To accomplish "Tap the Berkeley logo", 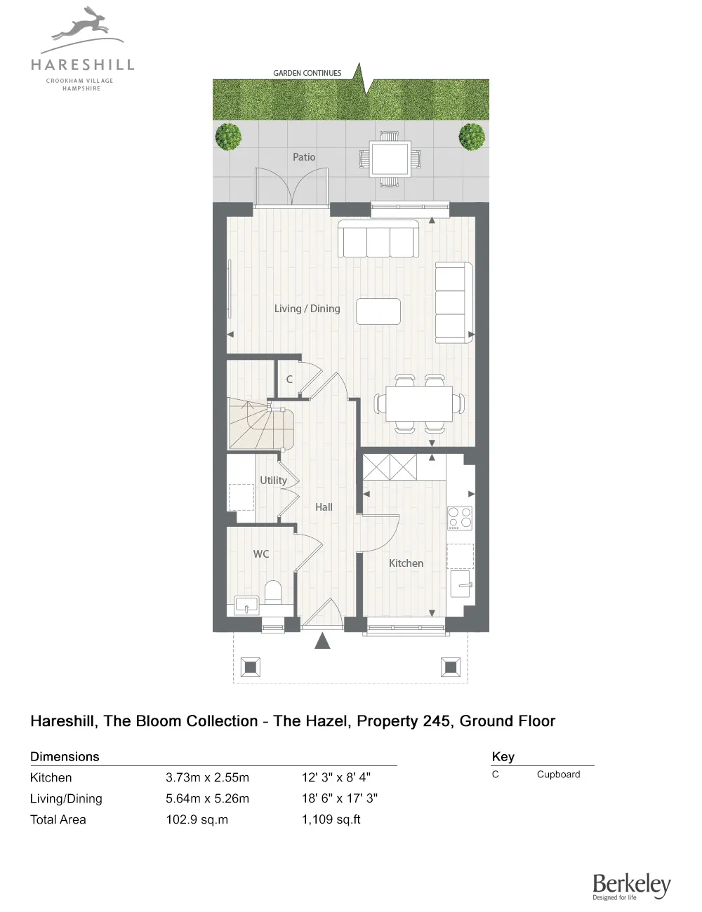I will (631, 885).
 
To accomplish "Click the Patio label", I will (304, 157).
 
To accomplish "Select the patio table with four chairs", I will (390, 159).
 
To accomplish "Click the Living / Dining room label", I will (307, 309).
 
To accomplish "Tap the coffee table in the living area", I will (378, 311).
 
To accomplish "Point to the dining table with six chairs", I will (419, 404).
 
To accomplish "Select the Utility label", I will (273, 481).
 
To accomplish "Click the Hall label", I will (324, 507).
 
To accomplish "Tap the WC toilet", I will (273, 592).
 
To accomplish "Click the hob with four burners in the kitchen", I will (460, 518).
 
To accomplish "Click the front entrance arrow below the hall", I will (322, 641).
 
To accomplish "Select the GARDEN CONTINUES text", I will (307, 73).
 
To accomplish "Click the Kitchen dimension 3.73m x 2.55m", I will (207, 777).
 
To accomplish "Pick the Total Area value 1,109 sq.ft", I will (331, 819).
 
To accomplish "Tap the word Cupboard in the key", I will (558, 774).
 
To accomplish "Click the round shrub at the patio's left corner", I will (228, 137).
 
